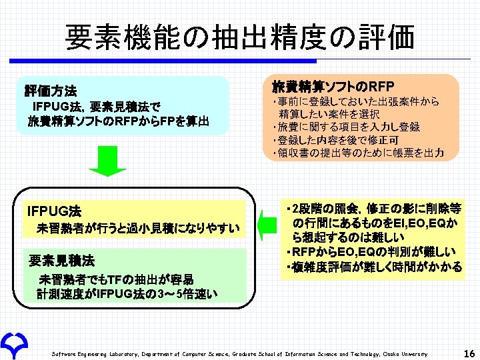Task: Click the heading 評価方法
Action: coord(51,91)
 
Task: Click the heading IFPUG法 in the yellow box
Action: coord(55,211)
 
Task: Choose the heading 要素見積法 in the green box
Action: coord(61,259)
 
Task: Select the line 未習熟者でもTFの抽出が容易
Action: coord(116,279)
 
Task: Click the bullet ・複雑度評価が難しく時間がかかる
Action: coord(372,267)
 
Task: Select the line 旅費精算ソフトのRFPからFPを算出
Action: coord(118,121)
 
